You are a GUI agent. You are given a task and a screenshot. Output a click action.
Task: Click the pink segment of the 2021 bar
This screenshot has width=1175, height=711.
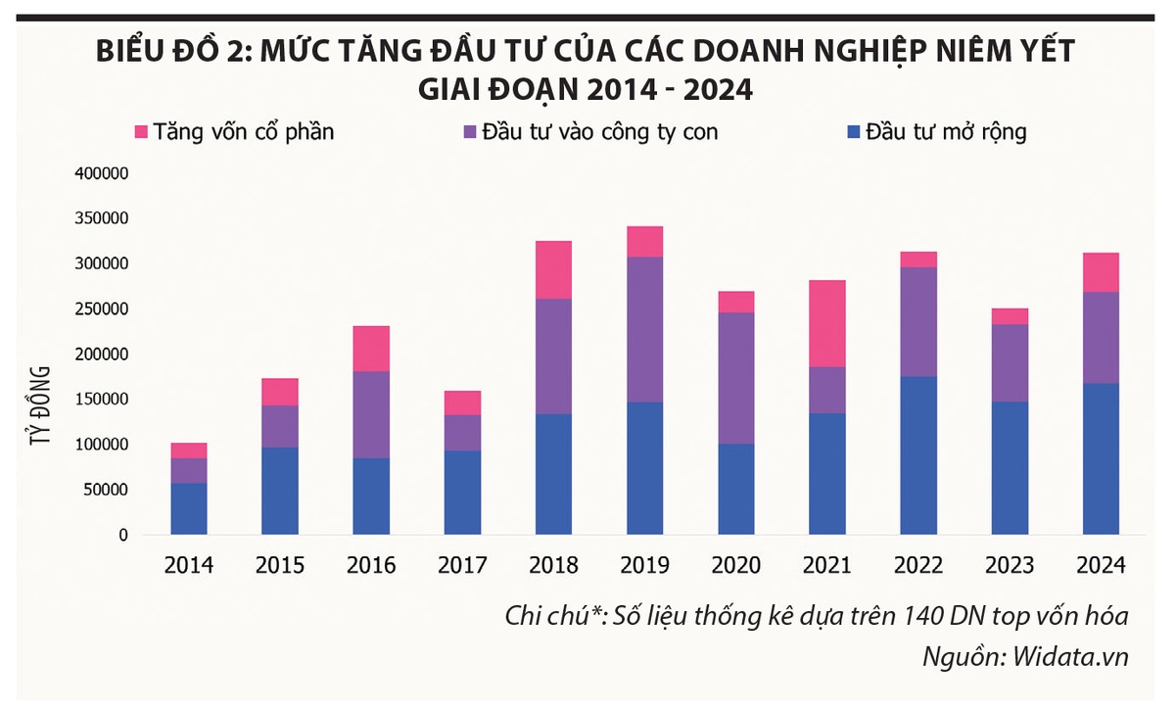tap(826, 323)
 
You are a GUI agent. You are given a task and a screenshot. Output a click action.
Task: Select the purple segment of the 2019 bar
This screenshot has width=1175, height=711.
tap(644, 329)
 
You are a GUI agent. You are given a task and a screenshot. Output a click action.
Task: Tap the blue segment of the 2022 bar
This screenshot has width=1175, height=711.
tap(917, 455)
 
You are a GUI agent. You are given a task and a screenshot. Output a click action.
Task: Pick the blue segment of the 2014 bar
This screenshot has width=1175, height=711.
tap(188, 508)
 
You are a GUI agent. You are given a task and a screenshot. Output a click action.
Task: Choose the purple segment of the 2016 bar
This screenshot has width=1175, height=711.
tap(371, 414)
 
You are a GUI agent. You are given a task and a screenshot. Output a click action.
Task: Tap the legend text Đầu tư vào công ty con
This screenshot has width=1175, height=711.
tap(598, 131)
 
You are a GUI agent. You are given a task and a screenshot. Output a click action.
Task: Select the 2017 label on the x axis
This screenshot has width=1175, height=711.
tap(462, 566)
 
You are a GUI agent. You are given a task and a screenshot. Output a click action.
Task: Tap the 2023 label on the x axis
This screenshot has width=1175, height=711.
tap(1009, 566)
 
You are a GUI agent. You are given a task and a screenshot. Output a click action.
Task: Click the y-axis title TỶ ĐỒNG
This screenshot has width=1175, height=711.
tap(41, 405)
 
